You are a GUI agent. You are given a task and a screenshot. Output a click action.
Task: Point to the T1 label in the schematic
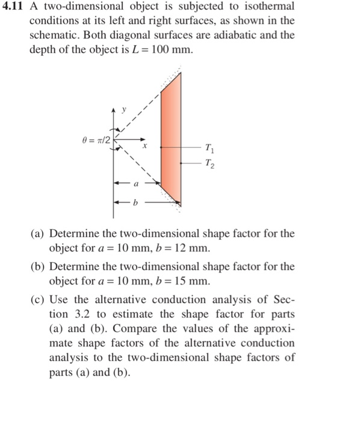click(208, 147)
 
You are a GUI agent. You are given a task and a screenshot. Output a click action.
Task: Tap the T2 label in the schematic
click(208, 163)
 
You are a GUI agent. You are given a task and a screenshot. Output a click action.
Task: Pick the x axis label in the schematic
click(144, 145)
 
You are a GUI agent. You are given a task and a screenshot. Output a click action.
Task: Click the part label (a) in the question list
click(40, 233)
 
